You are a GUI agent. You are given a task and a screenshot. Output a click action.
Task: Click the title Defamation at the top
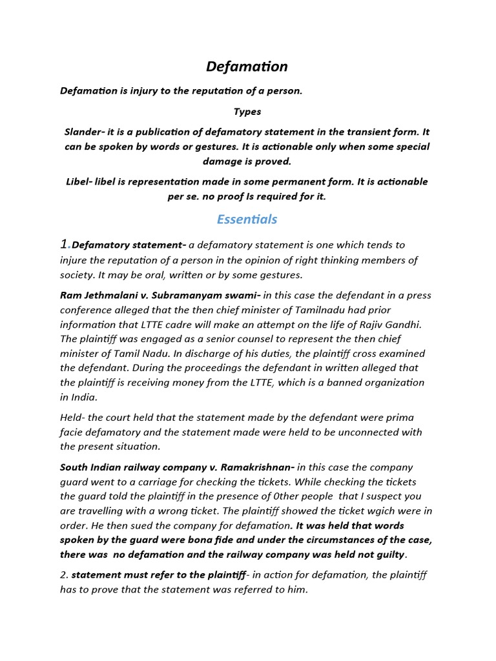click(x=247, y=66)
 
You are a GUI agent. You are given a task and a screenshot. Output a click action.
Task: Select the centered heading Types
click(x=247, y=112)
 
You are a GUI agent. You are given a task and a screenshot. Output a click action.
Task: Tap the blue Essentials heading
click(x=247, y=219)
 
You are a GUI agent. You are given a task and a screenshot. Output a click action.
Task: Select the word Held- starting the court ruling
click(x=74, y=418)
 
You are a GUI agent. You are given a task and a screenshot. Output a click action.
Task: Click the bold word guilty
click(x=389, y=554)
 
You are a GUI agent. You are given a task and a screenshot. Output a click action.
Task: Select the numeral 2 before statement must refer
click(x=63, y=575)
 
